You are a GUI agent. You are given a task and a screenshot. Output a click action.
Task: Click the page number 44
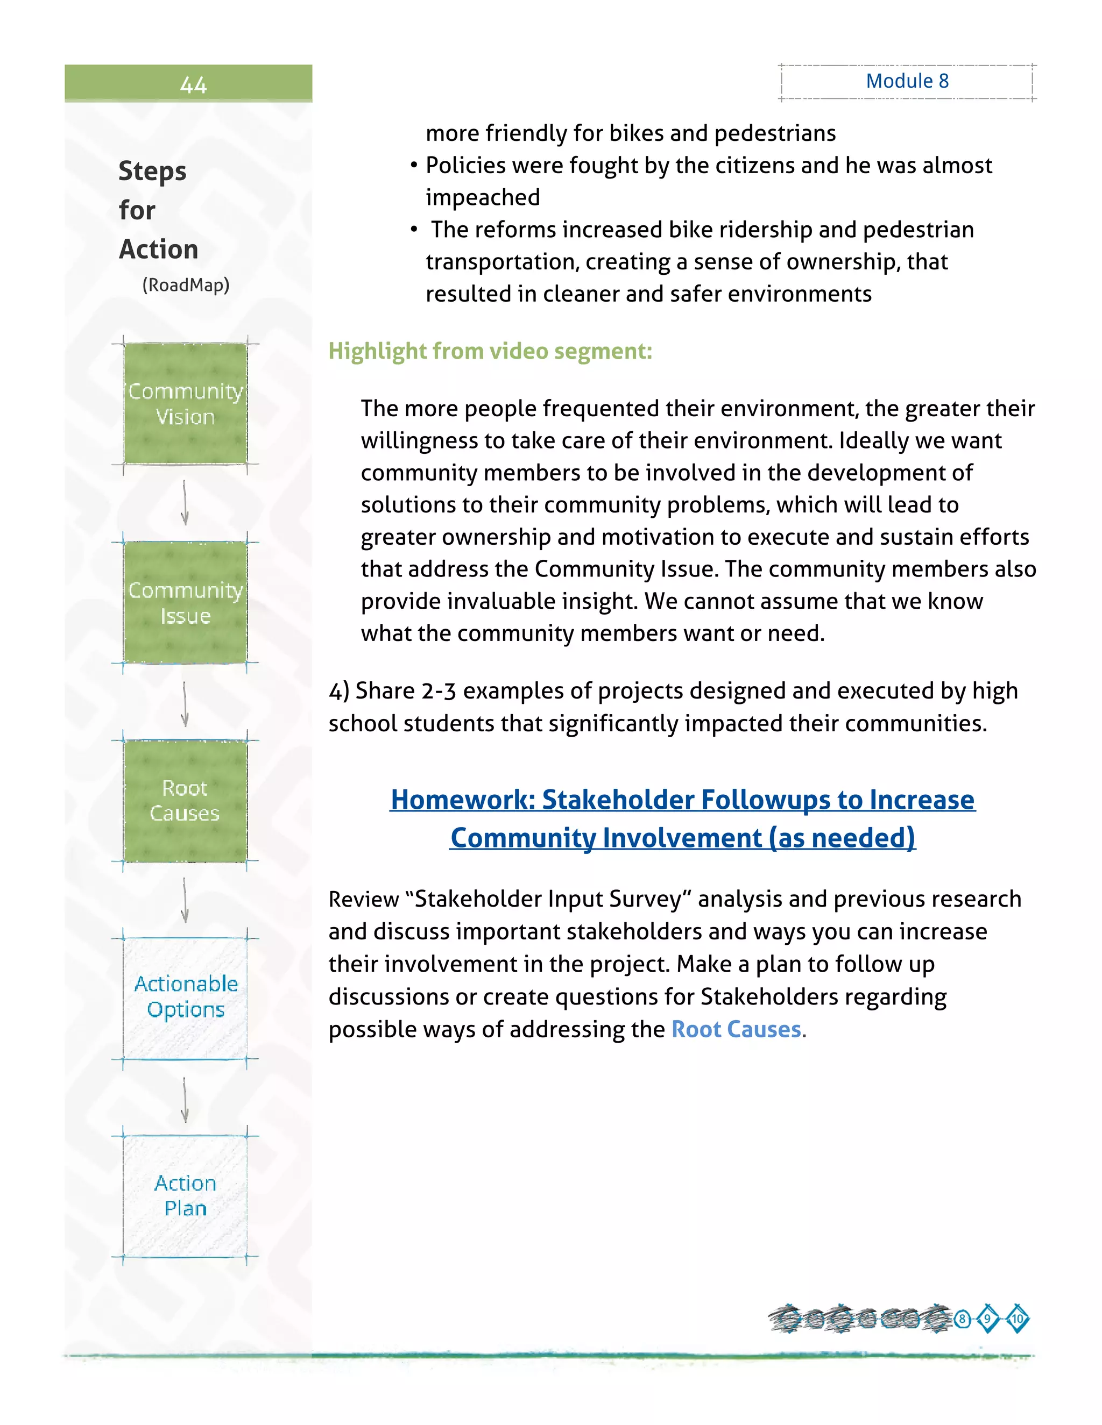click(x=193, y=85)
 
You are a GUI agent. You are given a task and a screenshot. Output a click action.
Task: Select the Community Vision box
click(x=186, y=404)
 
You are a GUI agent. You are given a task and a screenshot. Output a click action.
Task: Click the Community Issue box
click(x=186, y=602)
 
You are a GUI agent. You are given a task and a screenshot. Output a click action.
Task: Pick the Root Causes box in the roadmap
click(x=186, y=801)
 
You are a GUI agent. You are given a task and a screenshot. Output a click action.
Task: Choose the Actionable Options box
click(x=186, y=997)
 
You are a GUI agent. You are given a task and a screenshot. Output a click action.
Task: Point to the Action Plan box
click(x=186, y=1196)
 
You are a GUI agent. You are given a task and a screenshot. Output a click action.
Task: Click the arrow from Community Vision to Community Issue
click(x=185, y=502)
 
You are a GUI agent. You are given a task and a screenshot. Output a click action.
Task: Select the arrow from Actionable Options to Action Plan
click(x=185, y=1100)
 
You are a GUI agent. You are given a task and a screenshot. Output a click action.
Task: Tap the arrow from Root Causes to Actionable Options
click(x=185, y=900)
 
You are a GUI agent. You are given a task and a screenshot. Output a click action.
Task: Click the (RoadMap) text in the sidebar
click(x=186, y=285)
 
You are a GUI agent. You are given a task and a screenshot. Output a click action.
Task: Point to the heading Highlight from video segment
click(x=490, y=351)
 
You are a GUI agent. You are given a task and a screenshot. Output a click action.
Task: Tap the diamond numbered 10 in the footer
click(x=1017, y=1319)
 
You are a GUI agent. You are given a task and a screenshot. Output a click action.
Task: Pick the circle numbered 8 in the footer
click(x=962, y=1319)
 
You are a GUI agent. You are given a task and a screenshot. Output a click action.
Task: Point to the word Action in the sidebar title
click(x=159, y=250)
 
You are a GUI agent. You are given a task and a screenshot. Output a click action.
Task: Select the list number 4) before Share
click(x=339, y=691)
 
